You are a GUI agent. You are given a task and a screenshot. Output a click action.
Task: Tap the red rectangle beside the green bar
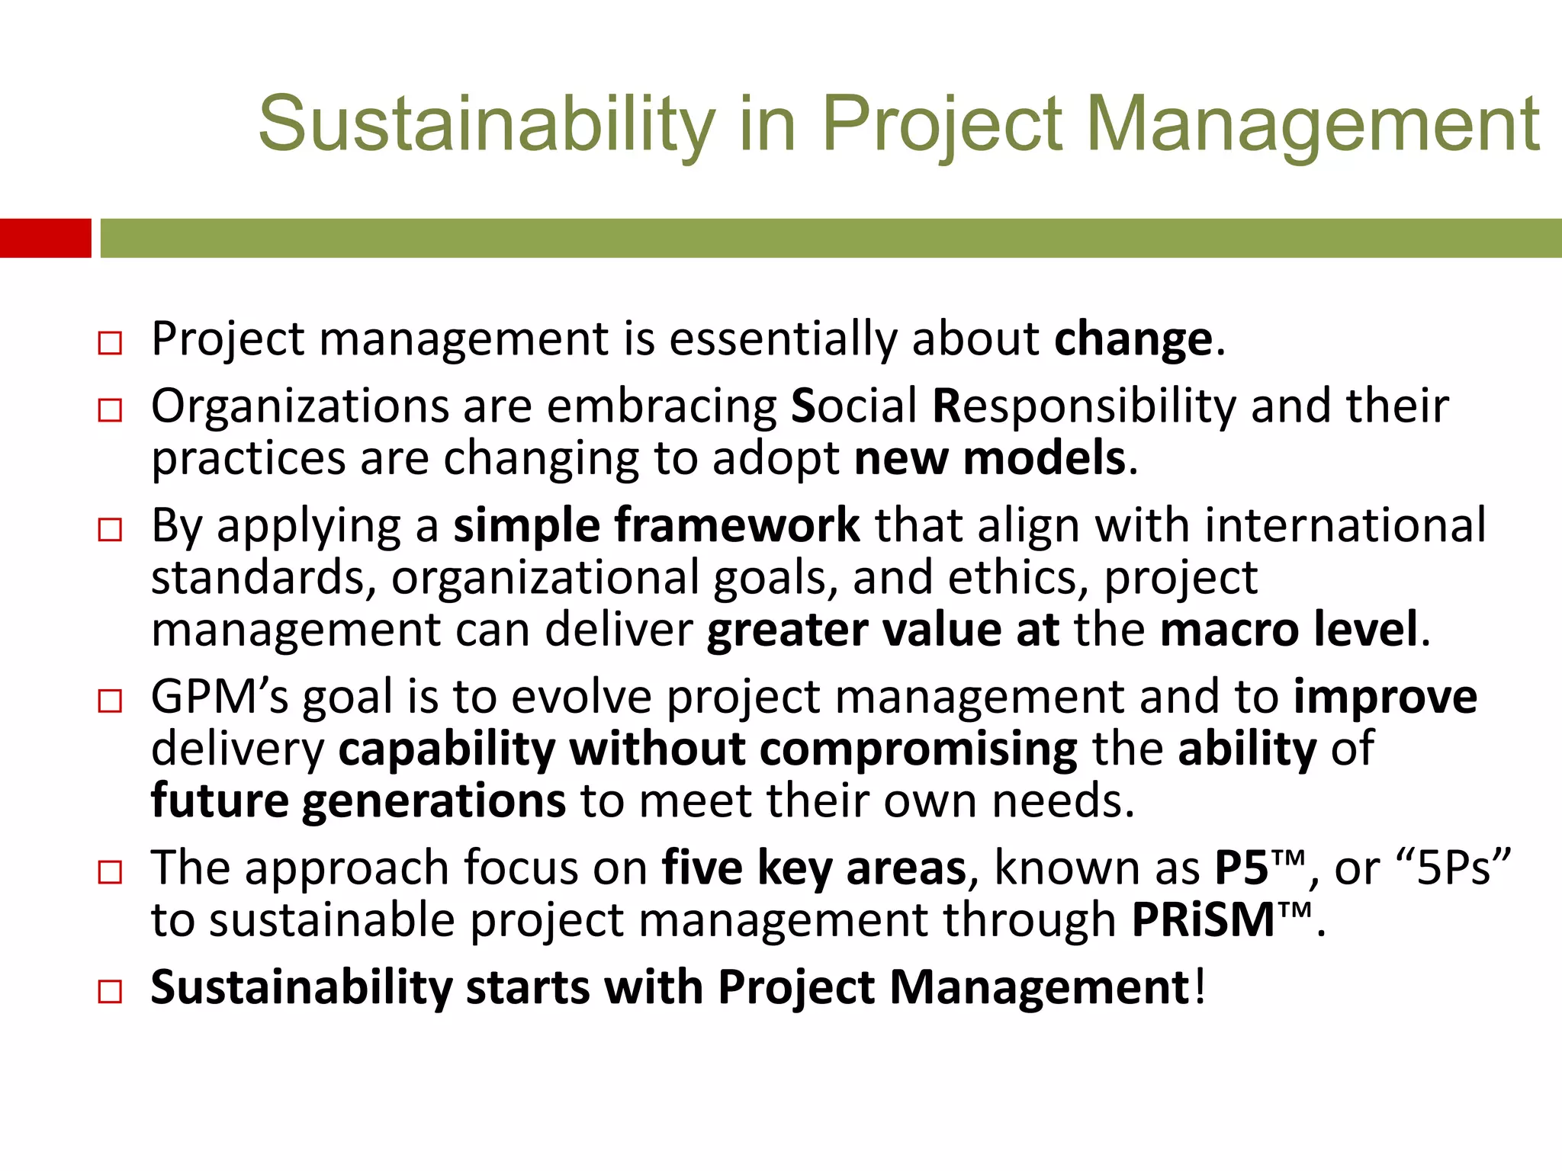[x=45, y=238]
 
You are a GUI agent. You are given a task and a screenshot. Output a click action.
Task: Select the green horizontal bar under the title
[x=830, y=238]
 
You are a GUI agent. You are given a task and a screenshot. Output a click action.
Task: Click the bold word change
[x=1133, y=339]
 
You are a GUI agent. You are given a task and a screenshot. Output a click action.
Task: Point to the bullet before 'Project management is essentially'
[x=110, y=343]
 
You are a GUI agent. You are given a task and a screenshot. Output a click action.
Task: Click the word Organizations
[x=299, y=406]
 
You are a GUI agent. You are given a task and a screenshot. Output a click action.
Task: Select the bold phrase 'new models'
[x=989, y=458]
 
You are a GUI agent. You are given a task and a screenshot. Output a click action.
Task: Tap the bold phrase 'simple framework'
[x=656, y=526]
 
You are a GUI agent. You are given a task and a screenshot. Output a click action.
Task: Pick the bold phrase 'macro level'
[x=1288, y=630]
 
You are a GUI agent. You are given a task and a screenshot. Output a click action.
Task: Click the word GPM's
[x=220, y=697]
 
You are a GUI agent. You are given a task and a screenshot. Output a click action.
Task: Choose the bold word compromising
[x=918, y=749]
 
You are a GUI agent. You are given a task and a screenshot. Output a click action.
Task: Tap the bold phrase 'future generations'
[x=358, y=800]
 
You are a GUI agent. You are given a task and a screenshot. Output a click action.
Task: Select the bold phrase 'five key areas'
[x=813, y=868]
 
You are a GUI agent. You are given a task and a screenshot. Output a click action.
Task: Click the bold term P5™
[x=1259, y=868]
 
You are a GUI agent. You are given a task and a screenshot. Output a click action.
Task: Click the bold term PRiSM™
[x=1221, y=920]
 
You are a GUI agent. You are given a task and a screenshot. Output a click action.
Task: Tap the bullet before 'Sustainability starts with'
[x=110, y=992]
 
